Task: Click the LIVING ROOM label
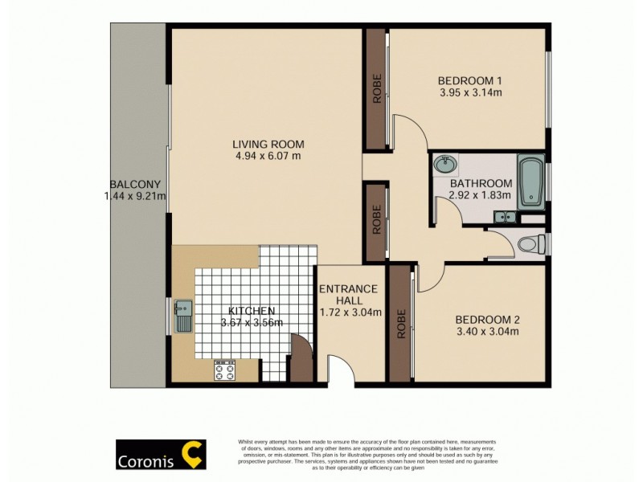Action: (269, 145)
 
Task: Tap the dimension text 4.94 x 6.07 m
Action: (269, 157)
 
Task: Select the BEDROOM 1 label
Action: (470, 80)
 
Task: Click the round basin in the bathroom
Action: (444, 165)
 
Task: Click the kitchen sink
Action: (182, 317)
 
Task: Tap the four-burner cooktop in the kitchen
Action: (224, 371)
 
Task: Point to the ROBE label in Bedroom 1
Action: (376, 89)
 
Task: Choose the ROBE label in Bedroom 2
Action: (400, 323)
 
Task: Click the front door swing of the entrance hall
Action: (342, 371)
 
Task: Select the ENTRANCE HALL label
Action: (350, 295)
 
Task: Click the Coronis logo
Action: (161, 455)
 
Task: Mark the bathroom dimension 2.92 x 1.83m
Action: (469, 195)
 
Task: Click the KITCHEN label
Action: (251, 311)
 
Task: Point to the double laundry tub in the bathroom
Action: (506, 215)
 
